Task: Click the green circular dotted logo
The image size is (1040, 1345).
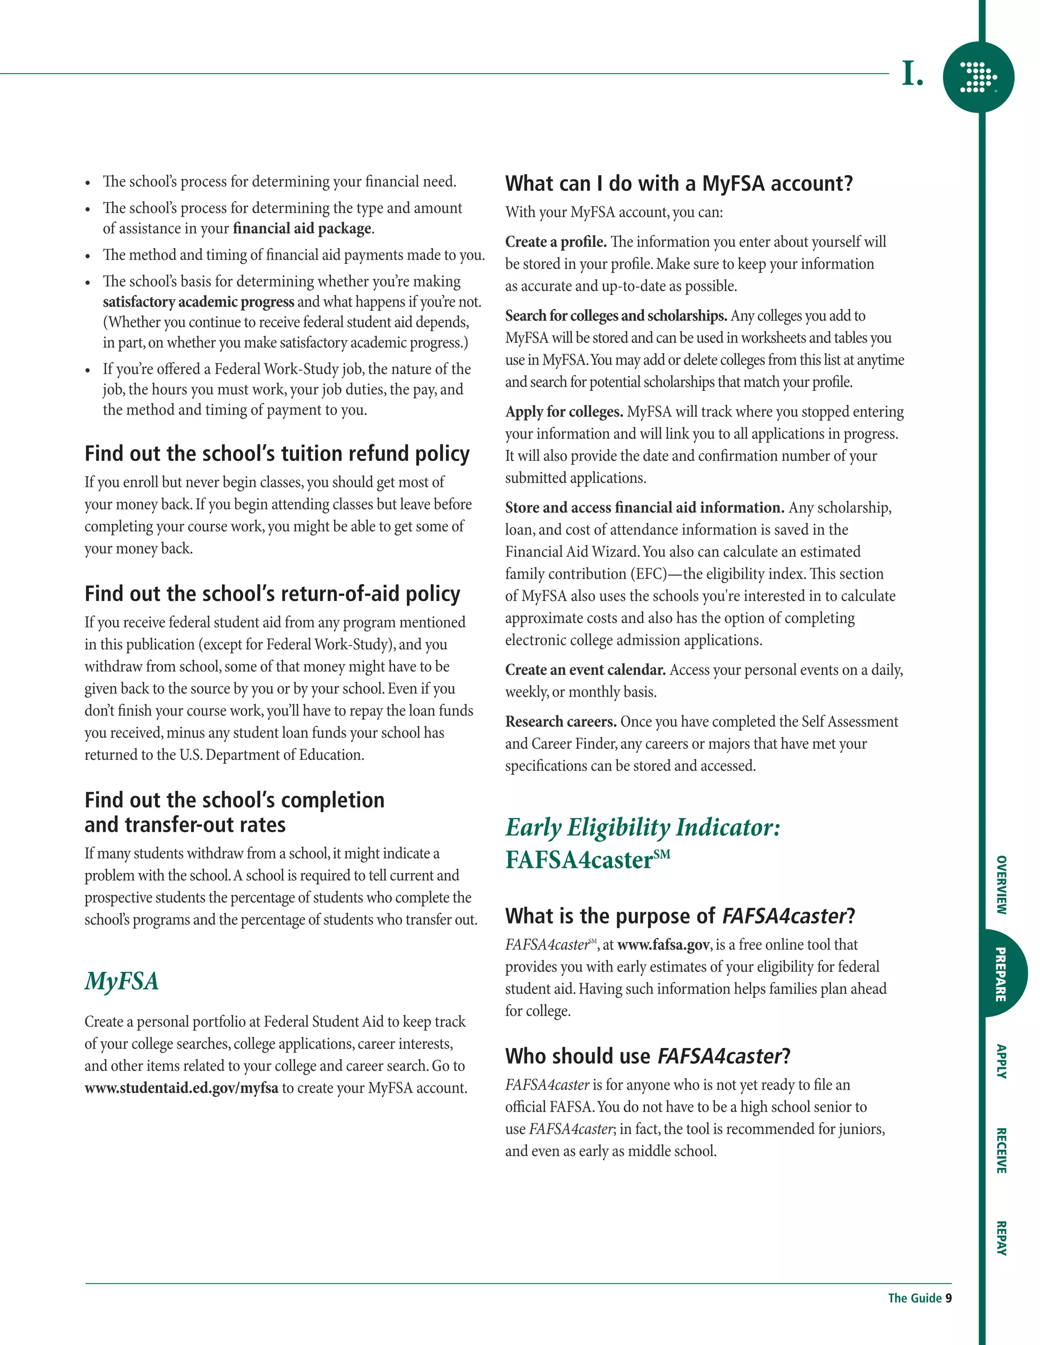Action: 979,78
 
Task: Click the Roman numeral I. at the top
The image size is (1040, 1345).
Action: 913,74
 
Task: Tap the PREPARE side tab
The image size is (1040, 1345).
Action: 1002,973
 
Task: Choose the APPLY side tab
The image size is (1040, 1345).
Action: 1002,1061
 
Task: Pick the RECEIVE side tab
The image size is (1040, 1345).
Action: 1002,1151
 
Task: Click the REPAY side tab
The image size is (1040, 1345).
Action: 1002,1238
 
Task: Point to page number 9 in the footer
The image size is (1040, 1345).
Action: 949,1298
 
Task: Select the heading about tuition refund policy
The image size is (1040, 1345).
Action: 277,454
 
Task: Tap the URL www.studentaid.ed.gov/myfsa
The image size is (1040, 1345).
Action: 181,1088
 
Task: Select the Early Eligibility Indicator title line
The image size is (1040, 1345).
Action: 642,828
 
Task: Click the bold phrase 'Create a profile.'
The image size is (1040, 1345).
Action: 556,242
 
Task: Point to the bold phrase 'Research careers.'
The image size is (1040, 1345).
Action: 561,722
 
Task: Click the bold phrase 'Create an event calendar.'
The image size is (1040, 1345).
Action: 586,670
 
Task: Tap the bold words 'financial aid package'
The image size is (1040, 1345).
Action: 302,228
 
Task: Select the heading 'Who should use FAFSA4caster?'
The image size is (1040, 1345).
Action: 647,1056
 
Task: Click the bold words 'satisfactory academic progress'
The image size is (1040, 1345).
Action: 199,302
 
